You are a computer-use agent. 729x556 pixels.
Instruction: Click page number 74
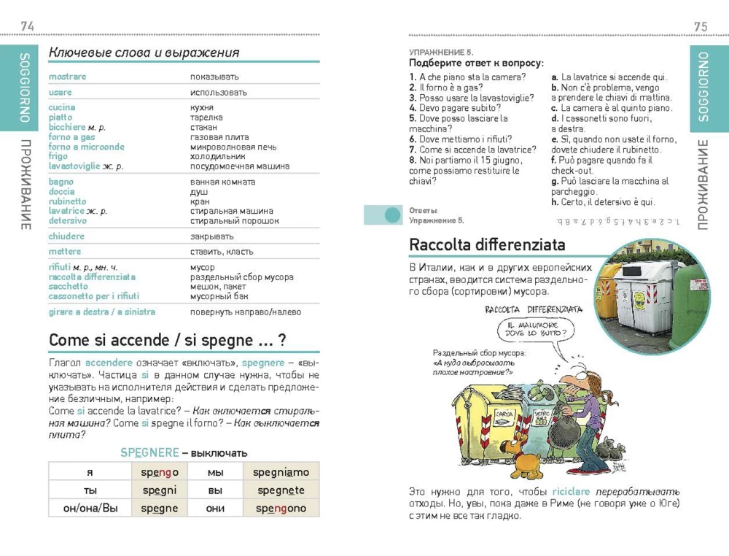pyautogui.click(x=27, y=26)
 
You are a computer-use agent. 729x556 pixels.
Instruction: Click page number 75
pyautogui.click(x=701, y=26)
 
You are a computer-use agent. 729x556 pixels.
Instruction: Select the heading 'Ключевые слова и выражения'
pyautogui.click(x=144, y=53)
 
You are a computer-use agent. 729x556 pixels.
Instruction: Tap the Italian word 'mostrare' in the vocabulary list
pyautogui.click(x=67, y=77)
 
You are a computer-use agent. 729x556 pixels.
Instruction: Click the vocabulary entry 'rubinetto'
pyautogui.click(x=67, y=201)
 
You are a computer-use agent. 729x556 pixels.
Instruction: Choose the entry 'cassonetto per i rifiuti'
pyautogui.click(x=93, y=296)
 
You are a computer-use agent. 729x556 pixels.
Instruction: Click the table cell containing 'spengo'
pyautogui.click(x=160, y=472)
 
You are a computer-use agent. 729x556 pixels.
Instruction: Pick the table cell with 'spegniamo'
pyautogui.click(x=281, y=472)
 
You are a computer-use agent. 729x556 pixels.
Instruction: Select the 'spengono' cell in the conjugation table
pyautogui.click(x=281, y=509)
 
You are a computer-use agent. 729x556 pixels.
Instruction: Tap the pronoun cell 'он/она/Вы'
pyautogui.click(x=90, y=509)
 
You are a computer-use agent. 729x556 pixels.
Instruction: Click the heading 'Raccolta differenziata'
pyautogui.click(x=487, y=244)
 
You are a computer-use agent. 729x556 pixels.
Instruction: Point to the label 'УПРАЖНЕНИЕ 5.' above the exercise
pyautogui.click(x=441, y=53)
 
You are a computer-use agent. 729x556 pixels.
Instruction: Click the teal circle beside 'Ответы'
pyautogui.click(x=392, y=215)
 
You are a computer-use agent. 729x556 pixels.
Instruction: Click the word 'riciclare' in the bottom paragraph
pyautogui.click(x=569, y=492)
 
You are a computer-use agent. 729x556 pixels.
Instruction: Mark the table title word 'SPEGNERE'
pyautogui.click(x=149, y=452)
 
